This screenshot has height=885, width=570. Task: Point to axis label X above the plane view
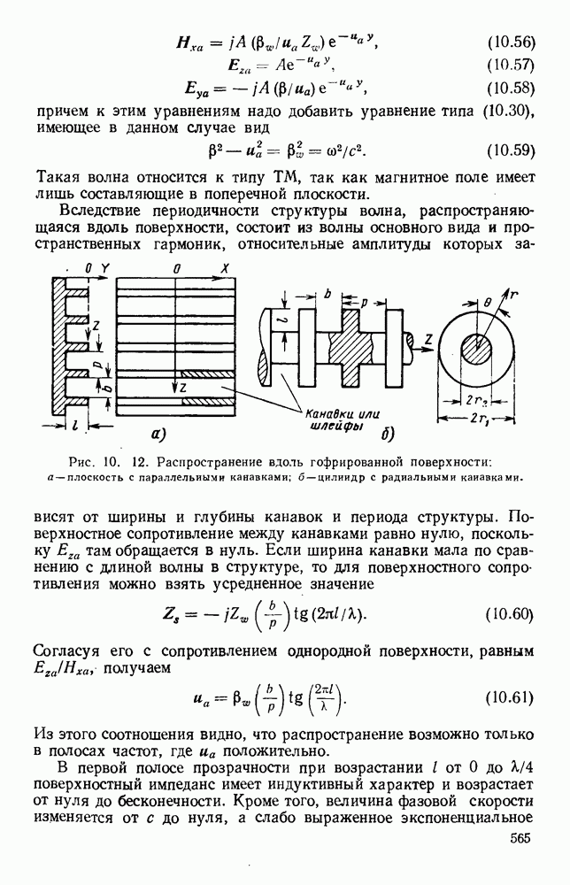pos(225,267)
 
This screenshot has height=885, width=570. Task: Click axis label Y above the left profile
pos(104,267)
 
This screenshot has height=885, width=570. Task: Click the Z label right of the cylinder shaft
pos(427,338)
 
